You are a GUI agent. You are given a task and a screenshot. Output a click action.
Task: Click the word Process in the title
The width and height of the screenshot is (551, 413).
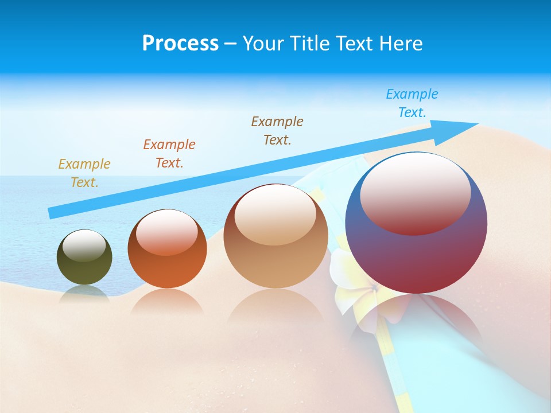[180, 44]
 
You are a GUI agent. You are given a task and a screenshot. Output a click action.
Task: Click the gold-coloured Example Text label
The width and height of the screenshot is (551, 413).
[84, 173]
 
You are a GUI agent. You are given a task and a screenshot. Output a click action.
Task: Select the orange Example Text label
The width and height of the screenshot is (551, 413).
[169, 153]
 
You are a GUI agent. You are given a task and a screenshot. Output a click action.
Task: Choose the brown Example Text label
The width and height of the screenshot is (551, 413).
[277, 130]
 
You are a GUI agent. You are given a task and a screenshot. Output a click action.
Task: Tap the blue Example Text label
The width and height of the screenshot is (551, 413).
[412, 103]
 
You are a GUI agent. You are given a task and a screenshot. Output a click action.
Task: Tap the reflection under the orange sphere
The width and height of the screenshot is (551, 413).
[167, 301]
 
